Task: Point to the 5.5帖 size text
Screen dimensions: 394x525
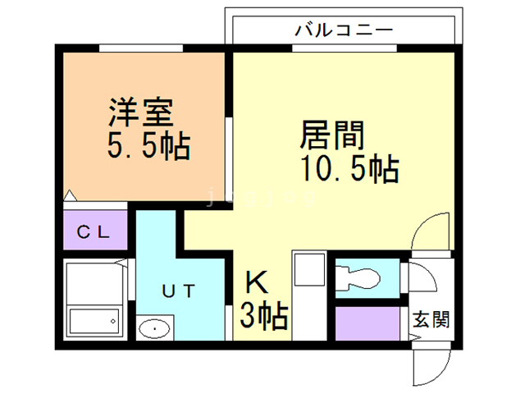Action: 148,148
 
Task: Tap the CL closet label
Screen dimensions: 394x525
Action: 93,231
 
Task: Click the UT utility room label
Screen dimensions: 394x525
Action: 177,290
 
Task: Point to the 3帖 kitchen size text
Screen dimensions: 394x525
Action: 263,316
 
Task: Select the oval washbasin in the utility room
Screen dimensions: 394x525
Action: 154,329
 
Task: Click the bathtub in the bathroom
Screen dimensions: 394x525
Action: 94,320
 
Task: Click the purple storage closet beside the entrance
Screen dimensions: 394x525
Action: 367,323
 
